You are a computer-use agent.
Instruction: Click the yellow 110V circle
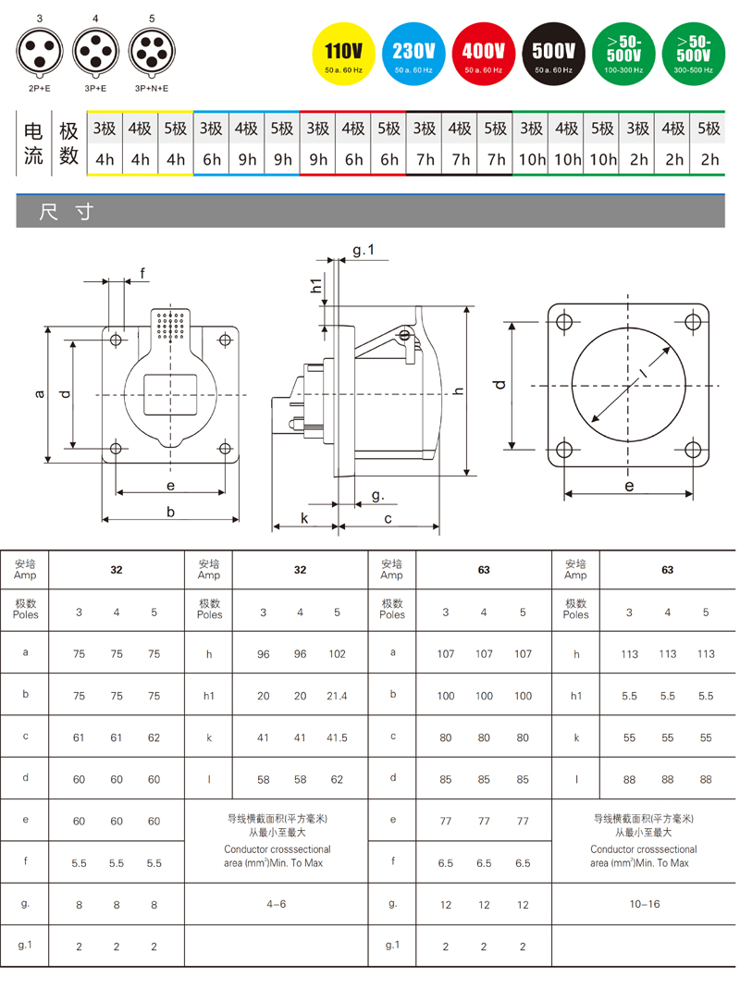(343, 55)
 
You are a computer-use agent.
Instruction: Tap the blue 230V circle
(413, 55)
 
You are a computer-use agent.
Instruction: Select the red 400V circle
(484, 55)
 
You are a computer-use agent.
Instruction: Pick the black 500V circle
(554, 55)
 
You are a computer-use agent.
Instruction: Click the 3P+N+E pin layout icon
(152, 52)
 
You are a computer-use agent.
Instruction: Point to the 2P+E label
(39, 89)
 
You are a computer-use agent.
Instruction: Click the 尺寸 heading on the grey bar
(67, 212)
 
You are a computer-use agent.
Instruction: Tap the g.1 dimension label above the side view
(364, 250)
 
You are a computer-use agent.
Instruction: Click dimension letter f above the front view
(142, 273)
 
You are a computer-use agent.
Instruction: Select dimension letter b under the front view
(170, 512)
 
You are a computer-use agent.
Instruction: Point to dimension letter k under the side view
(304, 518)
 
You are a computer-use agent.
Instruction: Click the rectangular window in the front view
(170, 394)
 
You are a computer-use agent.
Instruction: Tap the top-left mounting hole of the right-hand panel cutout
(564, 322)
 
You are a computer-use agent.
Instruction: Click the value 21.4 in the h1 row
(337, 696)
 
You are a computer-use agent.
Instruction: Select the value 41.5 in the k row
(337, 737)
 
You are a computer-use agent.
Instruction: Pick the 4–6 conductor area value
(276, 904)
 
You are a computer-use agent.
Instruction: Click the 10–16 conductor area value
(644, 904)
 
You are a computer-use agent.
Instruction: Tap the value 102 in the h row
(337, 654)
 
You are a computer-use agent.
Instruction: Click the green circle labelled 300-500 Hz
(693, 55)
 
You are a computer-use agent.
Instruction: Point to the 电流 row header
(32, 143)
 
